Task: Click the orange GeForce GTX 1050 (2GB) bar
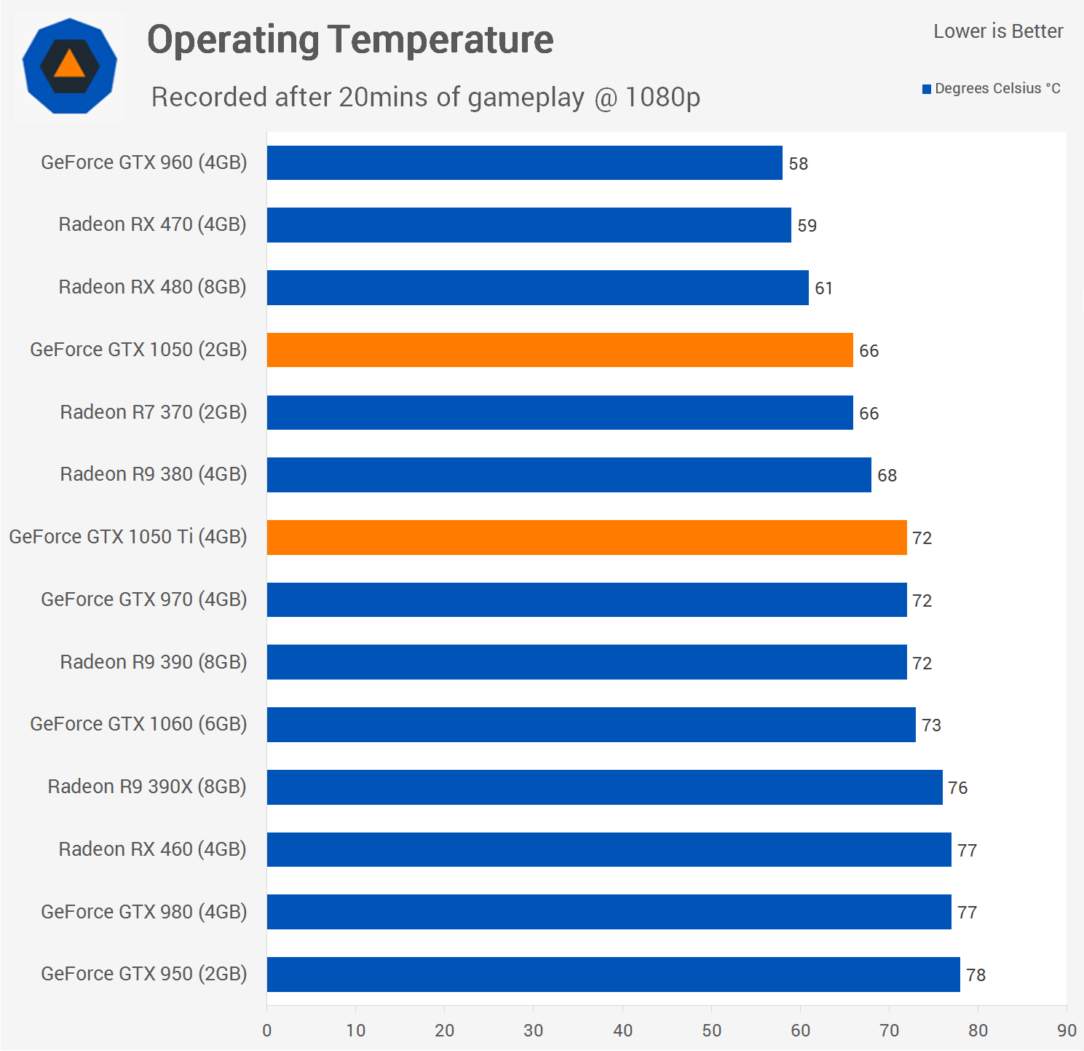559,350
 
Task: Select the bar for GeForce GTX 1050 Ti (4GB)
586,538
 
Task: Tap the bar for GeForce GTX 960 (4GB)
524,163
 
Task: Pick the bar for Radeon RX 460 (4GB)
609,850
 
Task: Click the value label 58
799,164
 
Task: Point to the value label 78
976,975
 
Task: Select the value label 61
823,288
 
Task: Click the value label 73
931,725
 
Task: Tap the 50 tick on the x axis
711,1031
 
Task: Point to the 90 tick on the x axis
1067,1031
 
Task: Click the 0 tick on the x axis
267,1031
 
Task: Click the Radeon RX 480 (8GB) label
152,287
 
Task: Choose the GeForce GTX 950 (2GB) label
143,974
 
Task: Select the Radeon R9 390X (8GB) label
146,787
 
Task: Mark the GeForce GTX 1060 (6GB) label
138,724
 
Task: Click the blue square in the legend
927,90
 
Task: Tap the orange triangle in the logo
70,65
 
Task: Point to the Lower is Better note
998,31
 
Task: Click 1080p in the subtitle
662,98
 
